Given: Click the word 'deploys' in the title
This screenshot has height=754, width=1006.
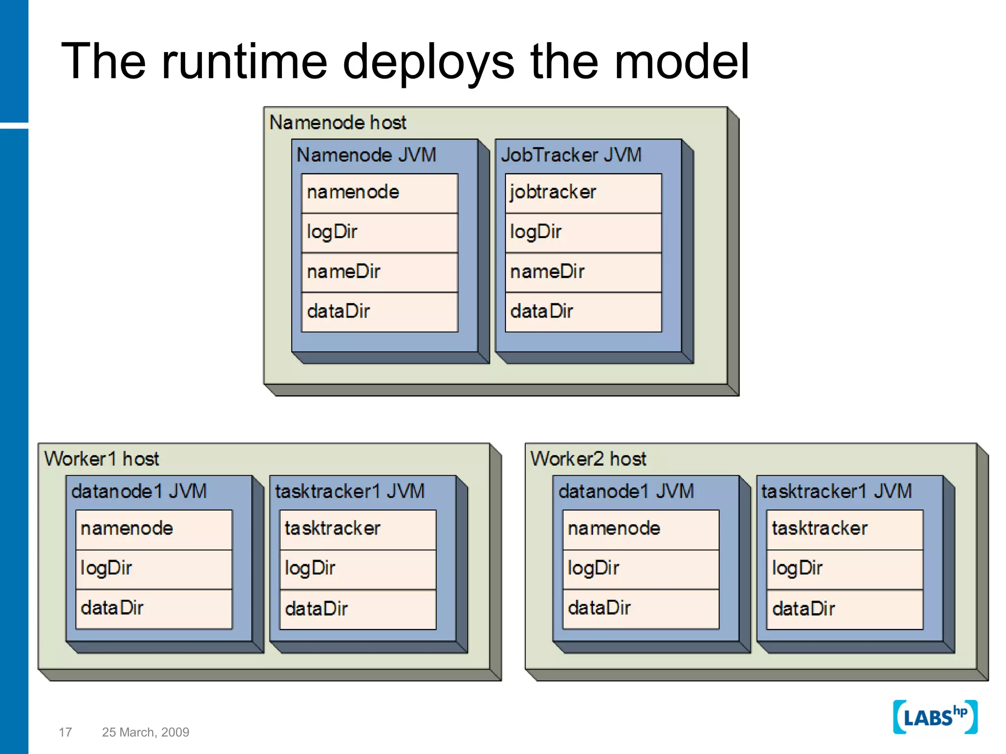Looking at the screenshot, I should coord(428,62).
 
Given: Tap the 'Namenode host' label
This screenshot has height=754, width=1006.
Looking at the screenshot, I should coord(337,122).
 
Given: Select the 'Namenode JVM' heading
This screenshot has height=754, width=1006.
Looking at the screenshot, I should coord(366,155).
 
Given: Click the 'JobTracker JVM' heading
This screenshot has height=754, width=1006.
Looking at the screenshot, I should coord(571,155).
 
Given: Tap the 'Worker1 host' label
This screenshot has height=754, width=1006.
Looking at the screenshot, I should coord(102,459).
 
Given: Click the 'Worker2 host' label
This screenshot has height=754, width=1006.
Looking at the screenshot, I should coord(588,459).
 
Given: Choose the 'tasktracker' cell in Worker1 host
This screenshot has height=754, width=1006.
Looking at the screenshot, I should coord(358,529).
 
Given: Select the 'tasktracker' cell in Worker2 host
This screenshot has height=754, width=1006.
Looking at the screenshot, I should coord(844,529).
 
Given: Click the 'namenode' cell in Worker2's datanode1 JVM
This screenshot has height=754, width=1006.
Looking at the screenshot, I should coord(641,529).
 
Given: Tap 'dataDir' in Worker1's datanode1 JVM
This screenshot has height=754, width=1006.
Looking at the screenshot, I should coord(153,609).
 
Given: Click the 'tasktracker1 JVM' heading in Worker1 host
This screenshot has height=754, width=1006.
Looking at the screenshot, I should coord(350,491).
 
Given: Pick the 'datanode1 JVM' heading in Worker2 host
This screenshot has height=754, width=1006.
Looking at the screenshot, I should coord(626,491).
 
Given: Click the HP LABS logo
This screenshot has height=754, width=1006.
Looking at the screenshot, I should coord(934,717).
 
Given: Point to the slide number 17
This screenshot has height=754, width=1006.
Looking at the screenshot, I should coord(65,732).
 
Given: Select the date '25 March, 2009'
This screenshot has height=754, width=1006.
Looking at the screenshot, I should coord(145,732).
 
